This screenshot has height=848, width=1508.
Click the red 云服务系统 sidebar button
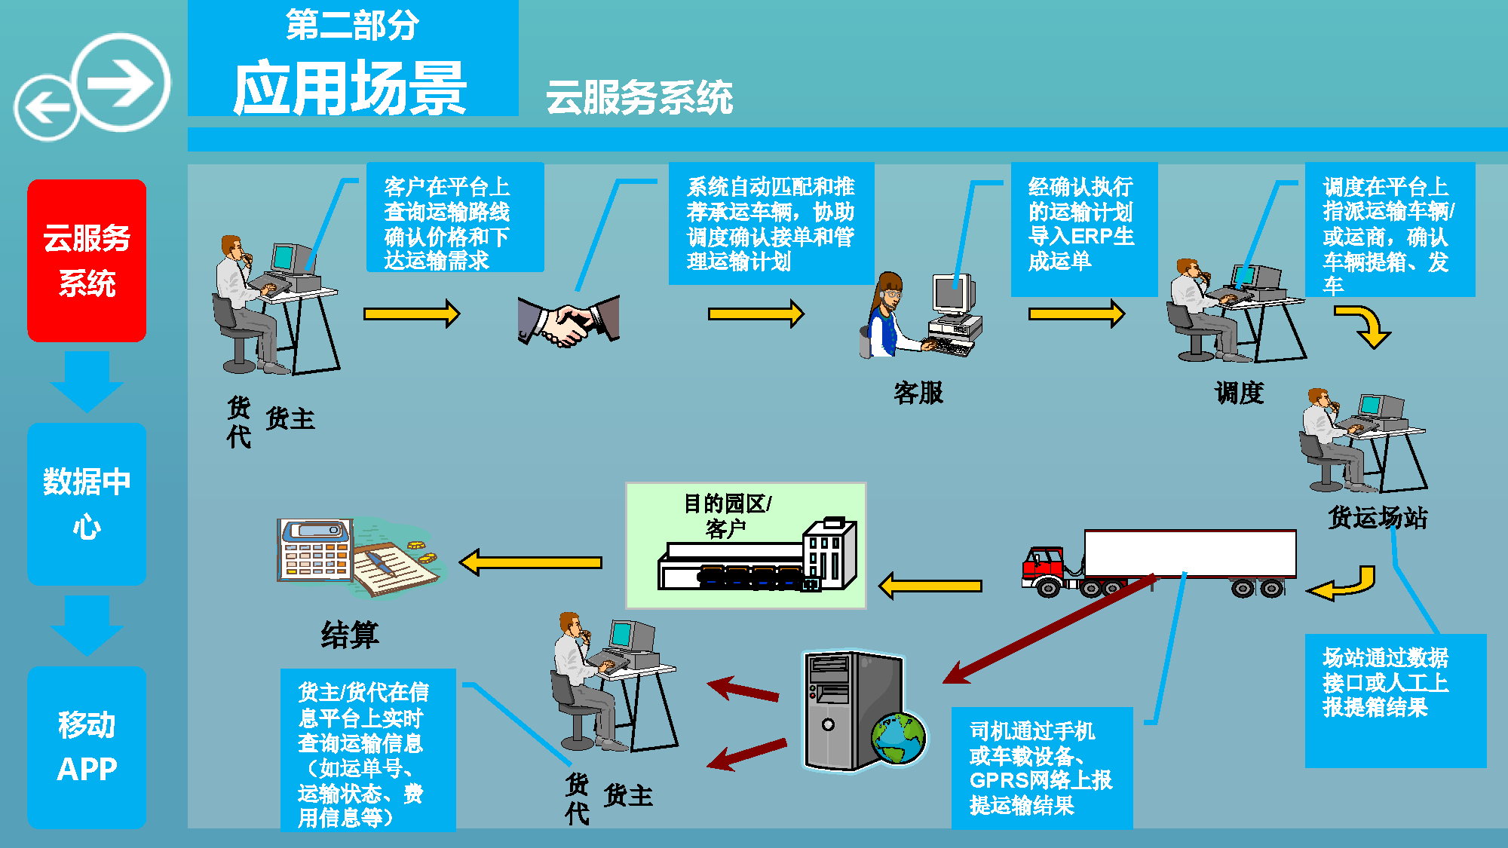87,260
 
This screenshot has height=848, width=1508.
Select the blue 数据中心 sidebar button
87,504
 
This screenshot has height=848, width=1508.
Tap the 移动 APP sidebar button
87,746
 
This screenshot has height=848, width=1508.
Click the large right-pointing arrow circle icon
122,81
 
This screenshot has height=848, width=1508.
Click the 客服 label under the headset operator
918,393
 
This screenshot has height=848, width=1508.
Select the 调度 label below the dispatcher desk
1239,393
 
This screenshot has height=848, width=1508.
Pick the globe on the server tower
898,738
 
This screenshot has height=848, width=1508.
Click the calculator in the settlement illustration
315,550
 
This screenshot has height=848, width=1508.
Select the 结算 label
349,635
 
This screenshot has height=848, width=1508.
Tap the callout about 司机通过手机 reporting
1041,767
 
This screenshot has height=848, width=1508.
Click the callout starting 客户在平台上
455,217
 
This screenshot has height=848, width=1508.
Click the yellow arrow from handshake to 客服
755,314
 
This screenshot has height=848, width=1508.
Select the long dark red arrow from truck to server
1048,629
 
